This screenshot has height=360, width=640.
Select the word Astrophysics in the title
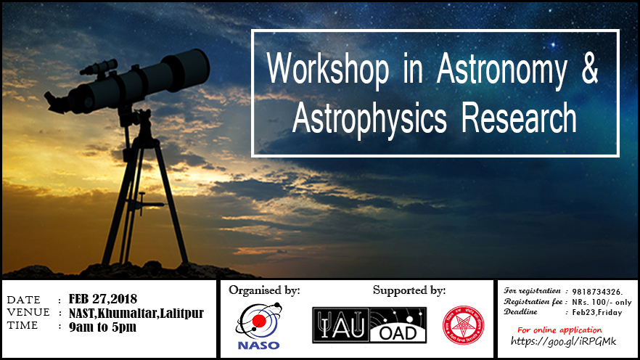tap(369, 118)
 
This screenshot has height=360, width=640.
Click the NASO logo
tap(258, 326)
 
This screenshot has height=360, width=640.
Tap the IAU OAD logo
tap(369, 325)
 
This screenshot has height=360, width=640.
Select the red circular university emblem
tap(463, 325)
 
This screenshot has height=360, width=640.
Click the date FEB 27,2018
tap(103, 299)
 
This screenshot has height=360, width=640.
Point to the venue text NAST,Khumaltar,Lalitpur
tap(136, 313)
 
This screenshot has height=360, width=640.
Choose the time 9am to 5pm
tap(102, 327)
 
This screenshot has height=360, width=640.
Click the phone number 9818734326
tap(597, 292)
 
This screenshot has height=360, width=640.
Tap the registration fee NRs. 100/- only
tap(602, 303)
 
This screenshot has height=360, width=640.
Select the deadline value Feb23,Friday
tap(597, 313)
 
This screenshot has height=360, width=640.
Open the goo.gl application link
tap(563, 341)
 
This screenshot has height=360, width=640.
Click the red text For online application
tap(559, 330)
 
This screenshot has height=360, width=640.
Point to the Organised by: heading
tap(264, 290)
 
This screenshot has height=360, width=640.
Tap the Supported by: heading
tap(409, 290)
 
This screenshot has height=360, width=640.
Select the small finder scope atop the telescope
tap(99, 67)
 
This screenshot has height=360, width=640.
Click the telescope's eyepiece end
tap(56, 102)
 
